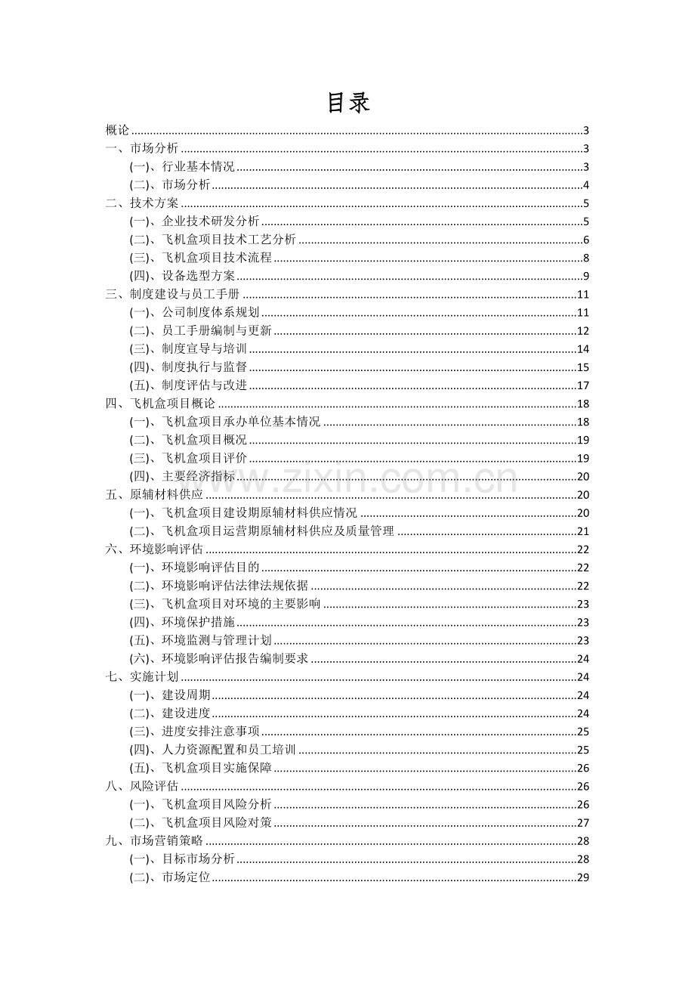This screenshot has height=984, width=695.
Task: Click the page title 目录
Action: (x=348, y=103)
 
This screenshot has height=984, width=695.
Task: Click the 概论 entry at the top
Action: (x=118, y=130)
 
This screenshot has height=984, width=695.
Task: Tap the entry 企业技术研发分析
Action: (x=210, y=221)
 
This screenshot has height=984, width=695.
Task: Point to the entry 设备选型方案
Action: (x=198, y=276)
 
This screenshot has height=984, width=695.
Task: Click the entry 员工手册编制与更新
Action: (x=216, y=330)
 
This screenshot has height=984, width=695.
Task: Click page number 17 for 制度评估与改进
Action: (x=582, y=385)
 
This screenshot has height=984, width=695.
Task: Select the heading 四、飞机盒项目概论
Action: (x=161, y=404)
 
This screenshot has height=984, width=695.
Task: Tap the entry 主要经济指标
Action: (x=198, y=476)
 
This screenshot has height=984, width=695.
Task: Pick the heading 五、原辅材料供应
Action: (x=155, y=494)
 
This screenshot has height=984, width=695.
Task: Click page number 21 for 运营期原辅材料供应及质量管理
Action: (x=582, y=531)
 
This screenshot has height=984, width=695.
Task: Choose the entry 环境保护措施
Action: (x=198, y=622)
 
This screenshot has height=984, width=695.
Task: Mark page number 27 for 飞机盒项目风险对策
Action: (x=582, y=823)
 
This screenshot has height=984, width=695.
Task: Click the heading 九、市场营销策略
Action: (x=155, y=841)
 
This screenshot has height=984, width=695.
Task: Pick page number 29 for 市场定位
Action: (x=582, y=877)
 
